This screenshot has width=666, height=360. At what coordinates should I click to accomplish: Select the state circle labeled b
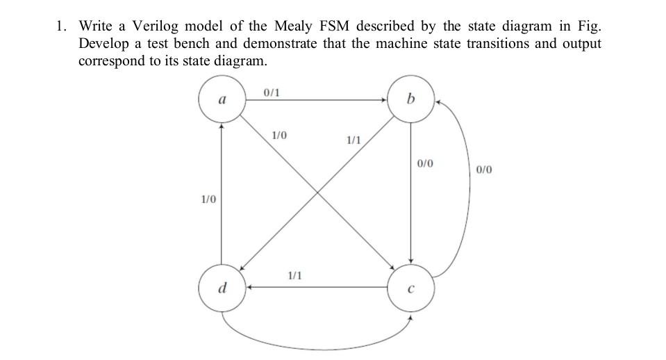410,101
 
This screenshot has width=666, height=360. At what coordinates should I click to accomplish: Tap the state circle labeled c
410,288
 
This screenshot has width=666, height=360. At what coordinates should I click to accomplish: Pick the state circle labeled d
222,288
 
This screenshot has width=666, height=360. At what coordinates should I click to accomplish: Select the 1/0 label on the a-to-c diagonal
279,135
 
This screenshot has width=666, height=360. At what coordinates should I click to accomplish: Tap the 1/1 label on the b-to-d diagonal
353,140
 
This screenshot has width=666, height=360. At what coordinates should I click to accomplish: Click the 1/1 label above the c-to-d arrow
294,276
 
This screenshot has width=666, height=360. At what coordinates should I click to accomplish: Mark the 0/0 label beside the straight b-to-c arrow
425,164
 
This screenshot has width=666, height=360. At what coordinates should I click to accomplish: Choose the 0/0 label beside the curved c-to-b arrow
485,169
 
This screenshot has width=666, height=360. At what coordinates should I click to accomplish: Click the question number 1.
61,26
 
